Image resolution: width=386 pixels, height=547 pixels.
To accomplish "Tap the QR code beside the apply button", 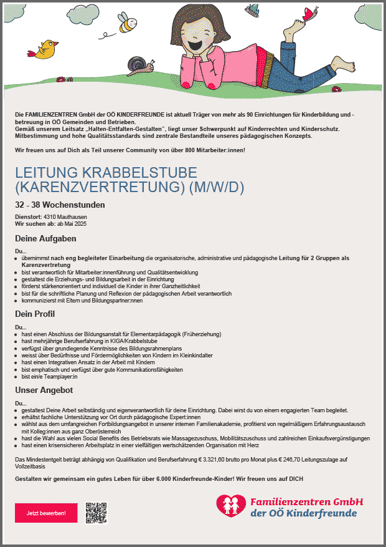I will [96, 512].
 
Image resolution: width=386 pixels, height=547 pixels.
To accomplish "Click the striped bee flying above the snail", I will [126, 23].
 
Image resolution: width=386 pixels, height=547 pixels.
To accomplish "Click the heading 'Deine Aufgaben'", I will [45, 238].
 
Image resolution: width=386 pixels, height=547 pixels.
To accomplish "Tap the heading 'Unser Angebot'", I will [44, 390].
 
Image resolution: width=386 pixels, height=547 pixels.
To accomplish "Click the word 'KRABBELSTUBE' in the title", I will [147, 172].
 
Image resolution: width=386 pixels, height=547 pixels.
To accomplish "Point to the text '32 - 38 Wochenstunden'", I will [60, 205].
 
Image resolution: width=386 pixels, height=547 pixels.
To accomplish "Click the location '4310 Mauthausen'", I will [69, 216].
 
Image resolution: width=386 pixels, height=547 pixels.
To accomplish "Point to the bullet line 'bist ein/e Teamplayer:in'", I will [49, 377].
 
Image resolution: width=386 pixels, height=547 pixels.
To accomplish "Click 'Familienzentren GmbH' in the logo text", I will [306, 501].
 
